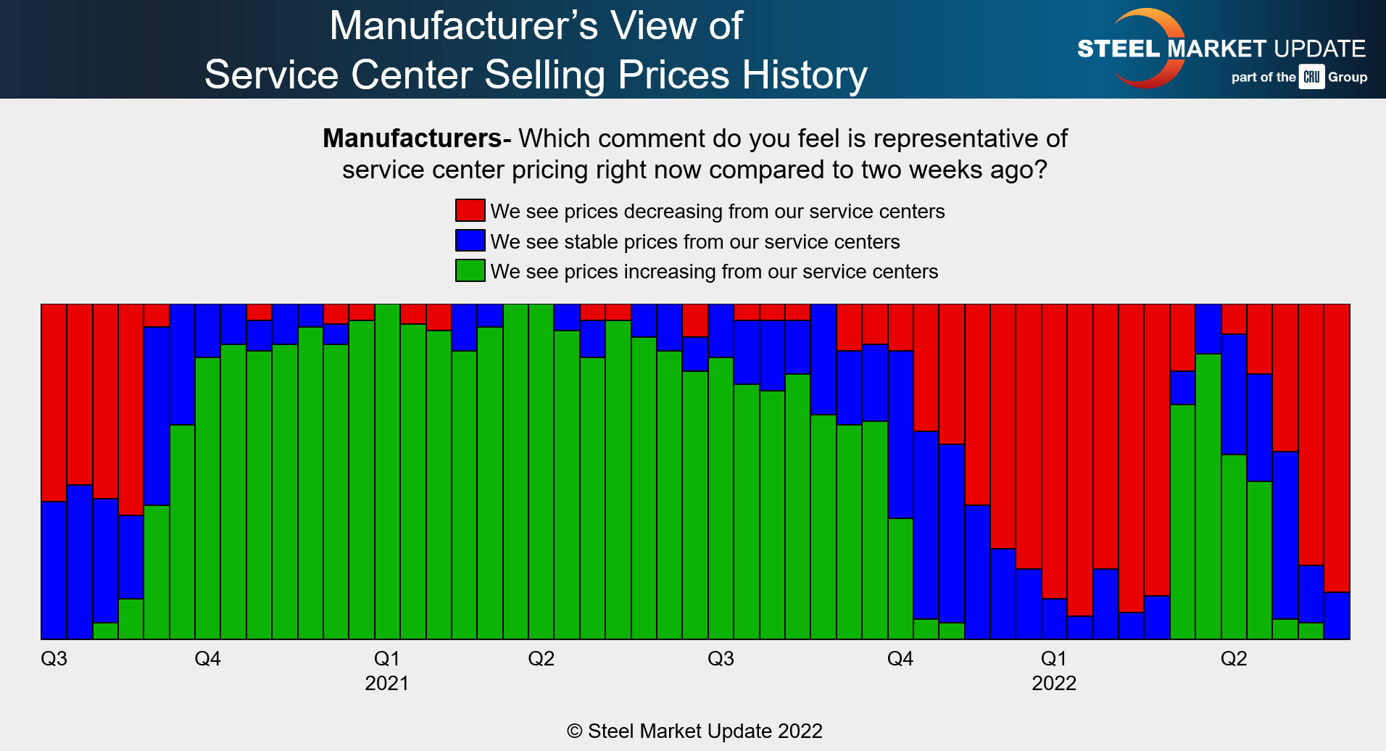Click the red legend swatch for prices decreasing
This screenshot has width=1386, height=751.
click(470, 210)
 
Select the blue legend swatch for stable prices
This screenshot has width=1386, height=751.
click(470, 241)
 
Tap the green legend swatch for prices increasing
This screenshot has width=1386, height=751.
click(470, 270)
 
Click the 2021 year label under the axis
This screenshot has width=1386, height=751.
click(386, 683)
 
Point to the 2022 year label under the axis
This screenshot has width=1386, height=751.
click(1053, 683)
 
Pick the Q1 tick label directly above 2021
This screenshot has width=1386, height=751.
click(386, 658)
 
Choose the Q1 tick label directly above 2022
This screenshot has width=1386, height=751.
click(1053, 658)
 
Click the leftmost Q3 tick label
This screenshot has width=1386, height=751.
click(54, 658)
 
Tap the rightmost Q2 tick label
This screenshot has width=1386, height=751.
click(1233, 658)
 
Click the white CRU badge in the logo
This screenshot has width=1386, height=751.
click(1311, 77)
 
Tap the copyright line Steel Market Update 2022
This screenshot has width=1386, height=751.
click(694, 731)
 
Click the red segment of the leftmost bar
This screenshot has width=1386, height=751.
click(54, 402)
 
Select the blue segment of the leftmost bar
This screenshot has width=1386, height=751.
click(54, 570)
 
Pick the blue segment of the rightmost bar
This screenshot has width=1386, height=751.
click(1337, 615)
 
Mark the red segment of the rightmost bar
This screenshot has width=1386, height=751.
click(1337, 448)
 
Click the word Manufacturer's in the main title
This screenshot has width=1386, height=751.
click(464, 26)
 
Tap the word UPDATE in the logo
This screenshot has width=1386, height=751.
click(1319, 49)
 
